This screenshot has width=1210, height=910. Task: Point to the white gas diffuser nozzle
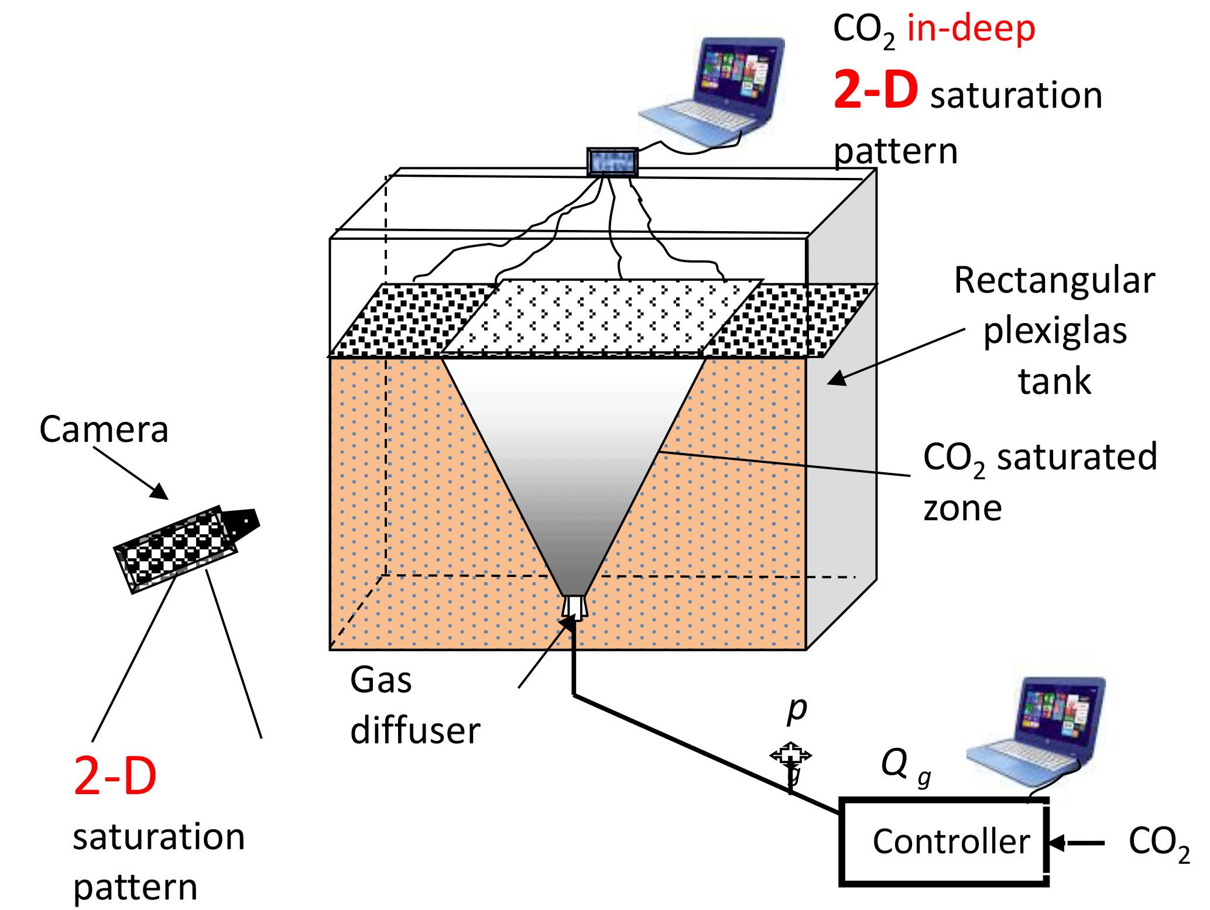tap(574, 607)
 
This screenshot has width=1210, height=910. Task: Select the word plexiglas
tap(1055, 331)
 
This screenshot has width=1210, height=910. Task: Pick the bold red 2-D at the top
tap(875, 90)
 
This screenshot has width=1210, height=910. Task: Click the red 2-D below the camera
tap(115, 776)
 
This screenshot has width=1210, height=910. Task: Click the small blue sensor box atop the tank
tap(612, 162)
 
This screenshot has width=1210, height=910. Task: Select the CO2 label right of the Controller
tap(1158, 843)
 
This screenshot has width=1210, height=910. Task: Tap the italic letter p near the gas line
tap(797, 709)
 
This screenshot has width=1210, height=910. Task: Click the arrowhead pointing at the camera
tap(160, 492)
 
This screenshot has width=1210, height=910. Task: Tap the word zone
tap(962, 508)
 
